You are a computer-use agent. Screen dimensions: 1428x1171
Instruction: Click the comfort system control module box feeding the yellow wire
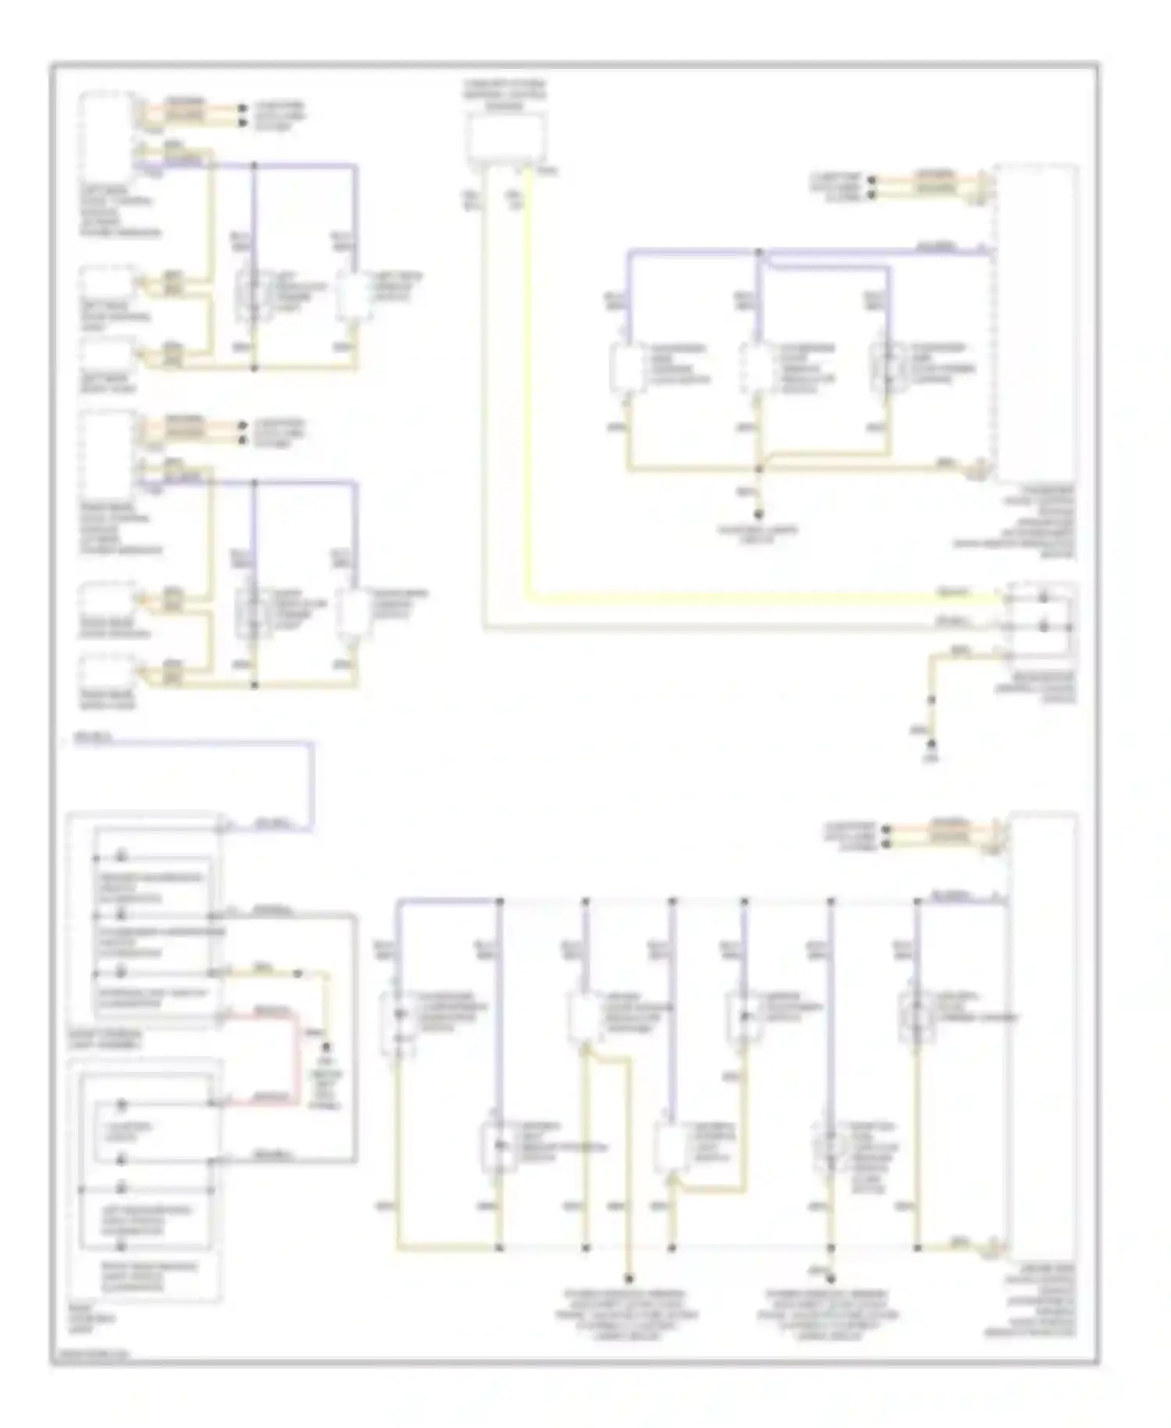tap(506, 137)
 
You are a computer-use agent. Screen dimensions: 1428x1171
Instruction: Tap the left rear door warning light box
tap(106, 284)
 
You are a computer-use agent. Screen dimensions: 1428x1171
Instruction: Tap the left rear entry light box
tap(106, 355)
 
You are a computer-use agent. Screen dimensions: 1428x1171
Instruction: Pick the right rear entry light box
tap(106, 672)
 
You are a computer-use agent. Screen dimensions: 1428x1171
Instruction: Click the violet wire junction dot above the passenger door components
tap(759, 252)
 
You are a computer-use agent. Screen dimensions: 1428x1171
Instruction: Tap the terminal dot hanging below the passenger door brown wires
tap(759, 515)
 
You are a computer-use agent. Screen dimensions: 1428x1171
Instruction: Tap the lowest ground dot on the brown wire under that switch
tap(931, 744)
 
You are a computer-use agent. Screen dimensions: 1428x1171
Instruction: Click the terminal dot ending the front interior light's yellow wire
tap(326, 1045)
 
